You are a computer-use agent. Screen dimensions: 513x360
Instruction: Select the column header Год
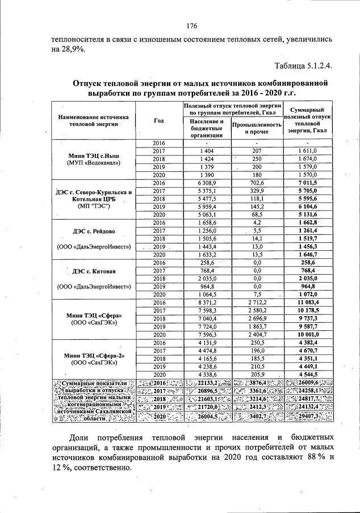[x=159, y=120]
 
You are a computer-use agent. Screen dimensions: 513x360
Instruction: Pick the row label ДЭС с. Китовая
[x=91, y=271]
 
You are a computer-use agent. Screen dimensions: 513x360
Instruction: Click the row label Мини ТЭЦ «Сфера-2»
[x=91, y=355]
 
